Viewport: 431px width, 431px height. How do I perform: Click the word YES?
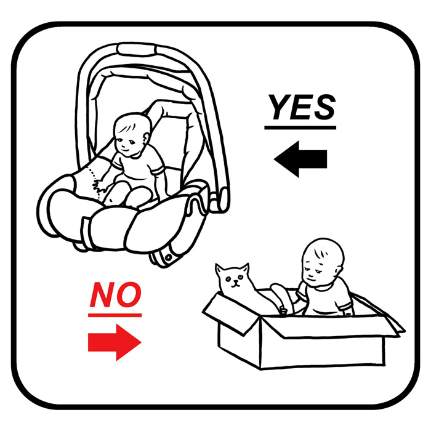(302, 107)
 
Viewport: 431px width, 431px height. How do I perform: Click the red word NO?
(116, 295)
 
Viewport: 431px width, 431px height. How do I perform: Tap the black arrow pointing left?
(300, 159)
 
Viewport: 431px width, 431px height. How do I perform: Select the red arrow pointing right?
(115, 342)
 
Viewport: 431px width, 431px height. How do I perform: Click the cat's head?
(234, 277)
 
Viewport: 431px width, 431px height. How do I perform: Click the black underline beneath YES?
(300, 127)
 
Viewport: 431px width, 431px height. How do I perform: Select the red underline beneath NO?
(115, 315)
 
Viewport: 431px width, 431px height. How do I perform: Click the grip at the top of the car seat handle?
(136, 49)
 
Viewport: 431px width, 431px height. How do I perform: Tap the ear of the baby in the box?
(340, 271)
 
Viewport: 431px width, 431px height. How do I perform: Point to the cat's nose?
(235, 281)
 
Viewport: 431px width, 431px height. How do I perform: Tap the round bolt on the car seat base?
(168, 257)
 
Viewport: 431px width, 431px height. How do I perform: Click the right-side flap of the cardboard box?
(379, 312)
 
